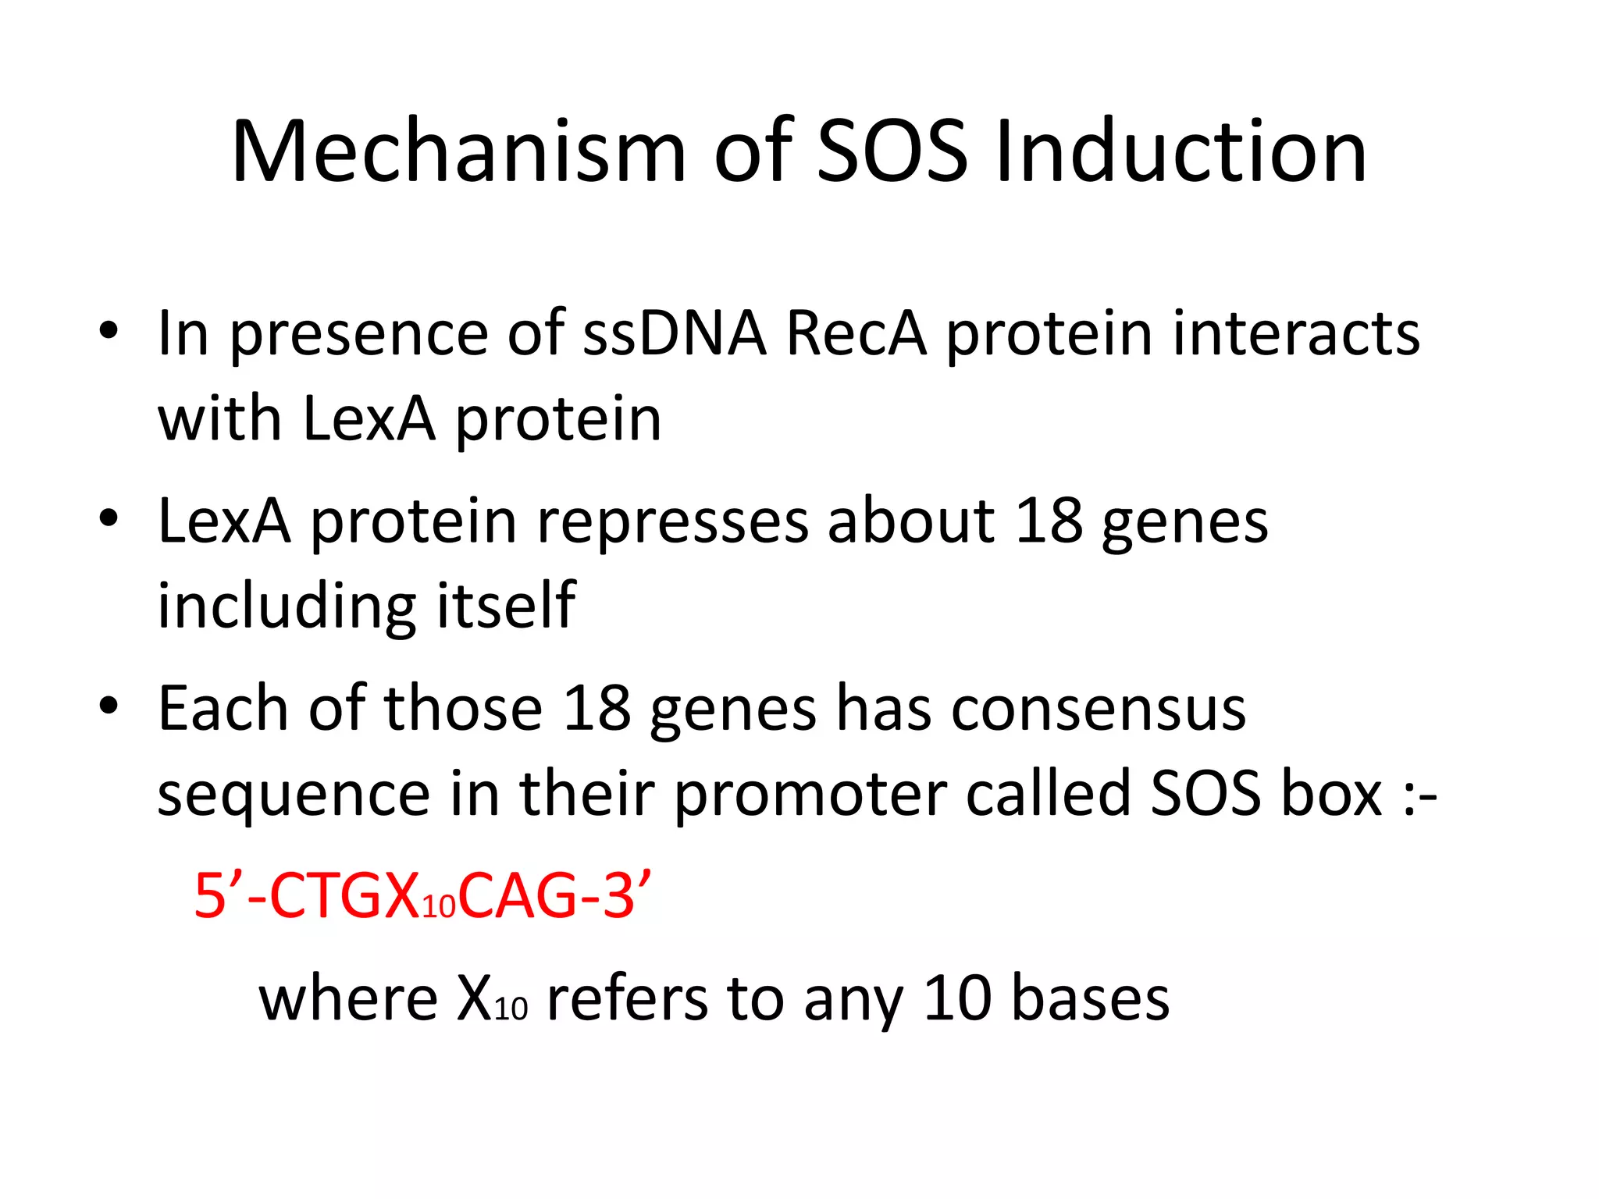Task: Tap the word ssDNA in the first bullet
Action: point(675,333)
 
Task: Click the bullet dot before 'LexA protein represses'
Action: point(109,518)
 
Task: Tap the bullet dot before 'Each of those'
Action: point(109,706)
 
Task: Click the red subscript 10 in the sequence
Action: point(439,906)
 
